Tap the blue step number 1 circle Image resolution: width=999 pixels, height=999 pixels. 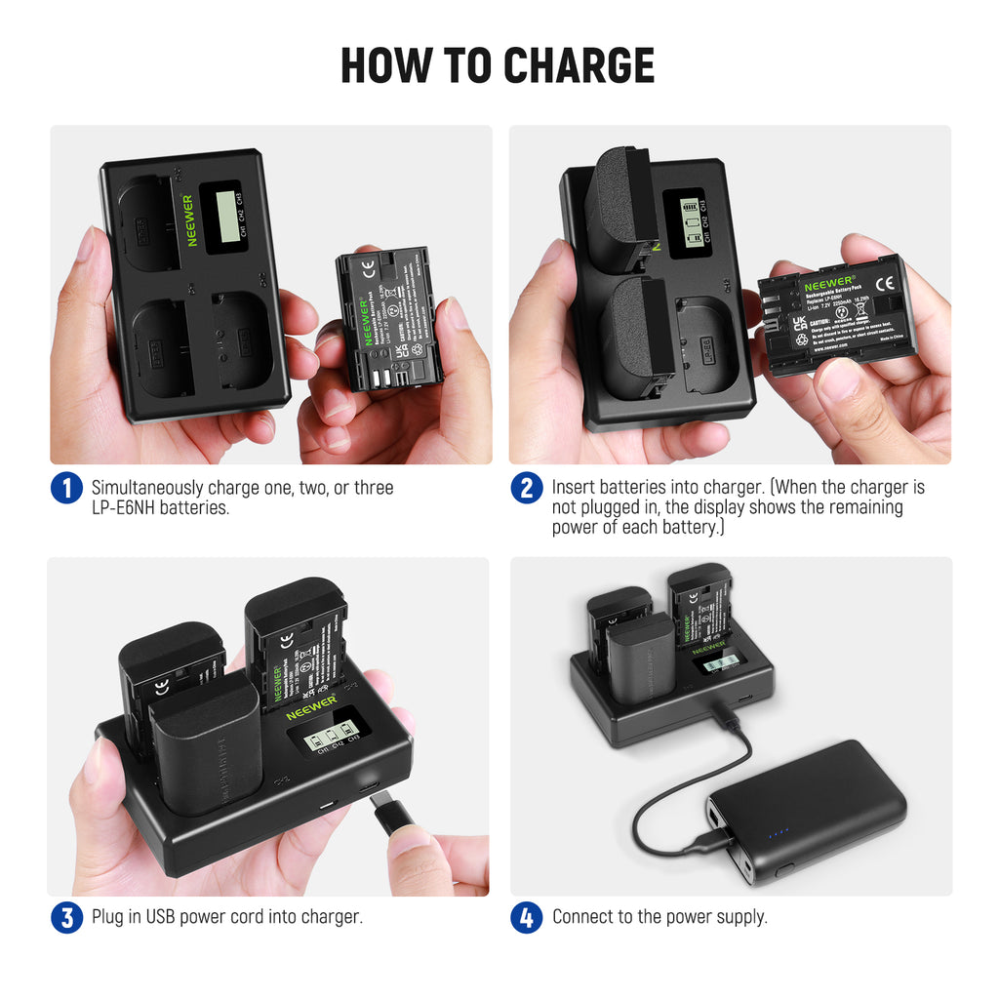pyautogui.click(x=66, y=488)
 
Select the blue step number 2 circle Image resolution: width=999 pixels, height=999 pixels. pyautogui.click(x=526, y=488)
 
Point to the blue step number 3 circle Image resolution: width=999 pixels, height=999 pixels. pyautogui.click(x=66, y=917)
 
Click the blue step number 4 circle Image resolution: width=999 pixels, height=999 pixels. pyautogui.click(x=526, y=917)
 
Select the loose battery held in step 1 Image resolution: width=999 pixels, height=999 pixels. pyautogui.click(x=388, y=318)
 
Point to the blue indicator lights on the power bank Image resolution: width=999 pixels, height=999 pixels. pyautogui.click(x=777, y=833)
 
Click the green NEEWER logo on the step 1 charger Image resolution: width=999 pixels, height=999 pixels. pyautogui.click(x=188, y=220)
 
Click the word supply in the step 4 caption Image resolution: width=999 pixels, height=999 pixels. pyautogui.click(x=740, y=917)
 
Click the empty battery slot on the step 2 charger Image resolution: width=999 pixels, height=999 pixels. pyautogui.click(x=707, y=341)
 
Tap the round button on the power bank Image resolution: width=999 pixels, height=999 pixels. pyautogui.click(x=782, y=867)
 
